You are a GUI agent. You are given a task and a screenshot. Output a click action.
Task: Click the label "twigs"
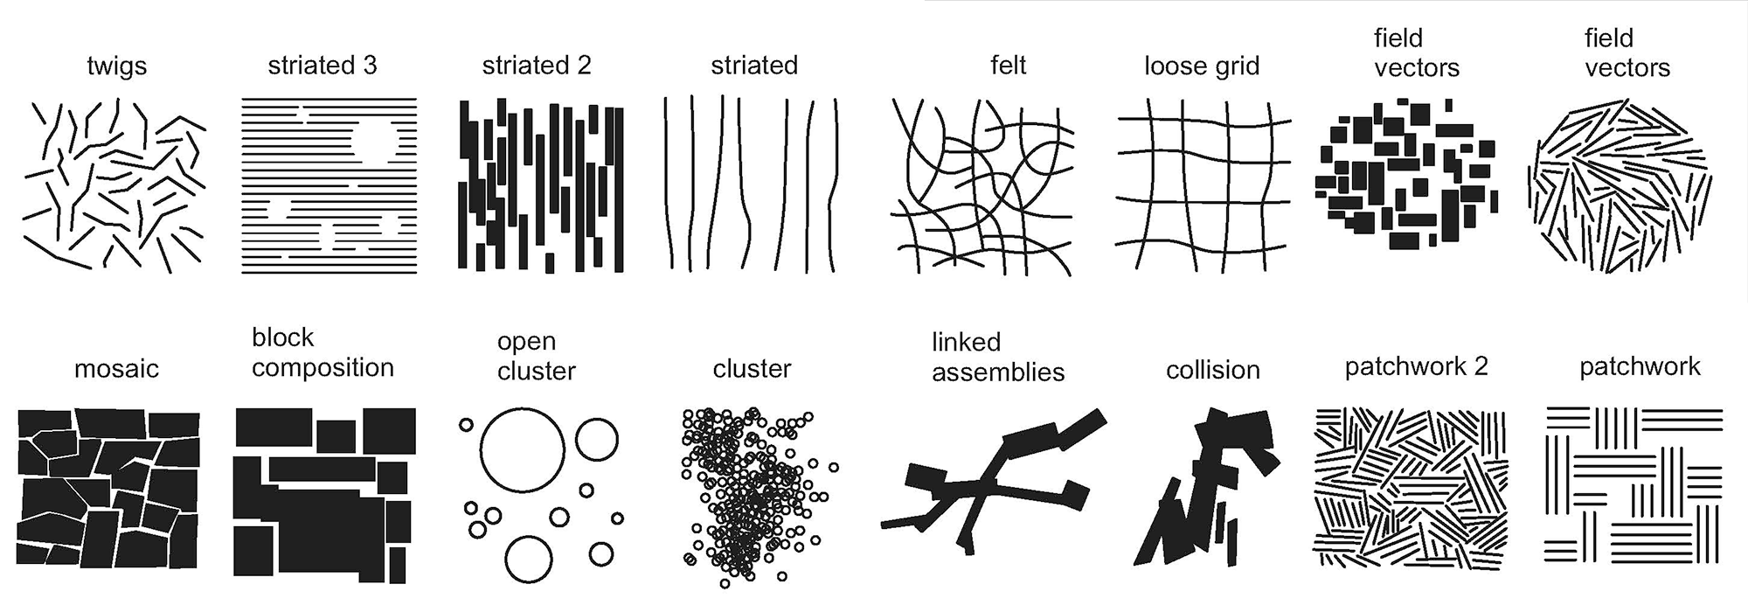(116, 66)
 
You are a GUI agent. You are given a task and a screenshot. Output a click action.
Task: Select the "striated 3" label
(322, 66)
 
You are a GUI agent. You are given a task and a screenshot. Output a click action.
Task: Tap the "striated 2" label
(536, 66)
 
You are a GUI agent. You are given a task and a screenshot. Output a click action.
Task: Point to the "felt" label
(1008, 66)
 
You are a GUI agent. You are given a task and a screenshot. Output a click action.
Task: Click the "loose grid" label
(1202, 66)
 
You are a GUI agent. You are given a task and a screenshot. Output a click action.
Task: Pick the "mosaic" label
(116, 369)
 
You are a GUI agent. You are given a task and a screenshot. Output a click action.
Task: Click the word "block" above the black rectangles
(282, 337)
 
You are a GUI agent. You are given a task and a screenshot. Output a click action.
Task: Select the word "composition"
(323, 367)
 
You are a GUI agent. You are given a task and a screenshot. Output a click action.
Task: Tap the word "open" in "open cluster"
(526, 342)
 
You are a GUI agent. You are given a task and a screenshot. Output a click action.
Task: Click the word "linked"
(966, 342)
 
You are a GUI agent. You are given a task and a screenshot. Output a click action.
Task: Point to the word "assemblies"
(998, 372)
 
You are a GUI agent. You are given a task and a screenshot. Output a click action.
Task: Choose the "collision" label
(1212, 370)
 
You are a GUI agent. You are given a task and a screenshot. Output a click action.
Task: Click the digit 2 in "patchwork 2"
(1481, 366)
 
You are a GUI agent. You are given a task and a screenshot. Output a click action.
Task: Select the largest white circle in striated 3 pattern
(374, 141)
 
